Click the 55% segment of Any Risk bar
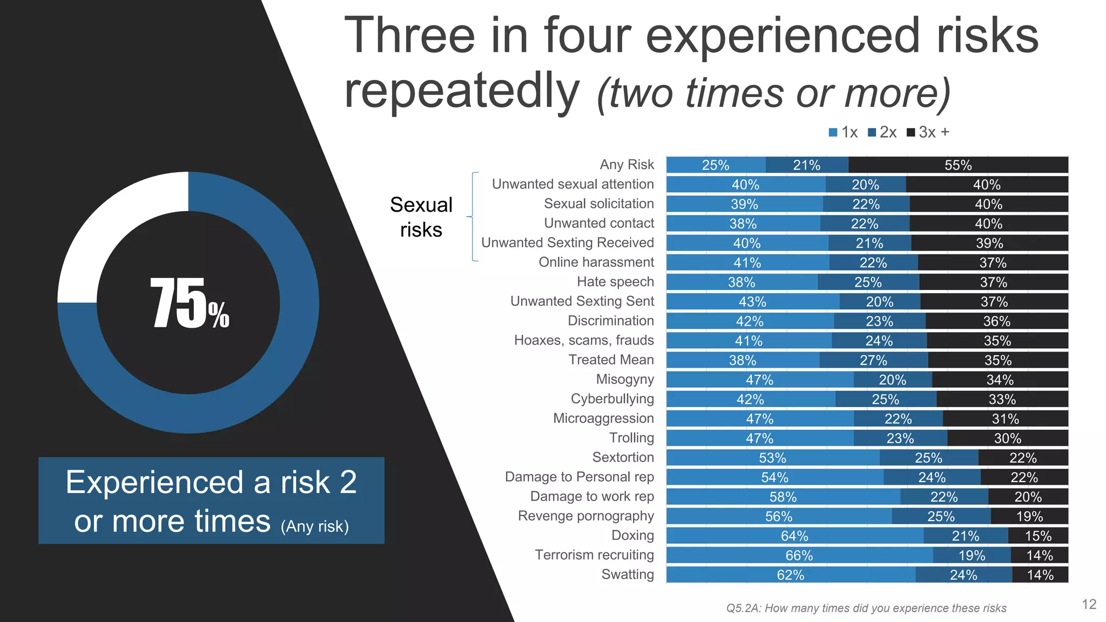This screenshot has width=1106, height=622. pyautogui.click(x=958, y=165)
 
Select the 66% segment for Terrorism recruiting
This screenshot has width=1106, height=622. pyautogui.click(x=799, y=556)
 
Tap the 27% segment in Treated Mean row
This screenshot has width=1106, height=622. pyautogui.click(x=873, y=360)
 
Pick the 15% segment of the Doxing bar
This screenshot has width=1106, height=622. pyautogui.click(x=1038, y=536)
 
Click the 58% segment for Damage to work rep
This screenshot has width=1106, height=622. pyautogui.click(x=783, y=497)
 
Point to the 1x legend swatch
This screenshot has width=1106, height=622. pyautogui.click(x=833, y=132)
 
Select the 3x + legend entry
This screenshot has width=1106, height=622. pyautogui.click(x=928, y=132)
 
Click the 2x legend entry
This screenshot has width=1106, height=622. pyautogui.click(x=882, y=132)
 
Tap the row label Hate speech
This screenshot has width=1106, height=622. pyautogui.click(x=615, y=282)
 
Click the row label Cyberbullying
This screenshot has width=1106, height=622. pyautogui.click(x=612, y=399)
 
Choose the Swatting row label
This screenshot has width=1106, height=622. pyautogui.click(x=628, y=574)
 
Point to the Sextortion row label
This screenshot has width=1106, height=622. pyautogui.click(x=623, y=457)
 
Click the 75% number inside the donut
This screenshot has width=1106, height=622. pyautogui.click(x=189, y=303)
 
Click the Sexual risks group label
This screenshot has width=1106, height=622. pyautogui.click(x=421, y=217)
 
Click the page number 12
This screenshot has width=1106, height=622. pyautogui.click(x=1089, y=604)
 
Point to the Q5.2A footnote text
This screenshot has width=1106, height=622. pyautogui.click(x=866, y=609)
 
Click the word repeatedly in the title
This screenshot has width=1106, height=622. pyautogui.click(x=462, y=91)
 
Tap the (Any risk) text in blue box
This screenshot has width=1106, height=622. pyautogui.click(x=315, y=526)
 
